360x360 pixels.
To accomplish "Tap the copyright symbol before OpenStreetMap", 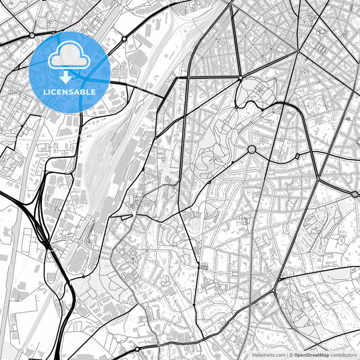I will (292, 354).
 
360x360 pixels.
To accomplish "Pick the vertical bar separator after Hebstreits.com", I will (287, 354).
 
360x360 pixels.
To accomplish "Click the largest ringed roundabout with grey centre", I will (251, 149).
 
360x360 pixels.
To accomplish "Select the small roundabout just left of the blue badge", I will (32, 34).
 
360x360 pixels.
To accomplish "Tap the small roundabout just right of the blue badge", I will (124, 39).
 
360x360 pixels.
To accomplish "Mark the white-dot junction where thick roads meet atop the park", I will (240, 79).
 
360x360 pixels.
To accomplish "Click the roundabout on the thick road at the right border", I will (355, 195).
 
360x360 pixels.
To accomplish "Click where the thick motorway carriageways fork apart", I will (42, 233).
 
